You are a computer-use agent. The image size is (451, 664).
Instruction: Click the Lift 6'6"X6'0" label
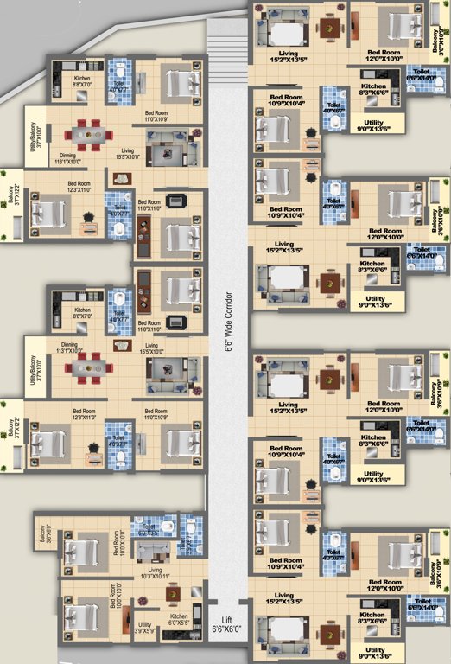[x=227, y=627]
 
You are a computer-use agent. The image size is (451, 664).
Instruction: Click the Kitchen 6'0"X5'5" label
[x=178, y=619]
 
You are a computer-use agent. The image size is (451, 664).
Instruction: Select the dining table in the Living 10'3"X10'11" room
[x=173, y=594]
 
